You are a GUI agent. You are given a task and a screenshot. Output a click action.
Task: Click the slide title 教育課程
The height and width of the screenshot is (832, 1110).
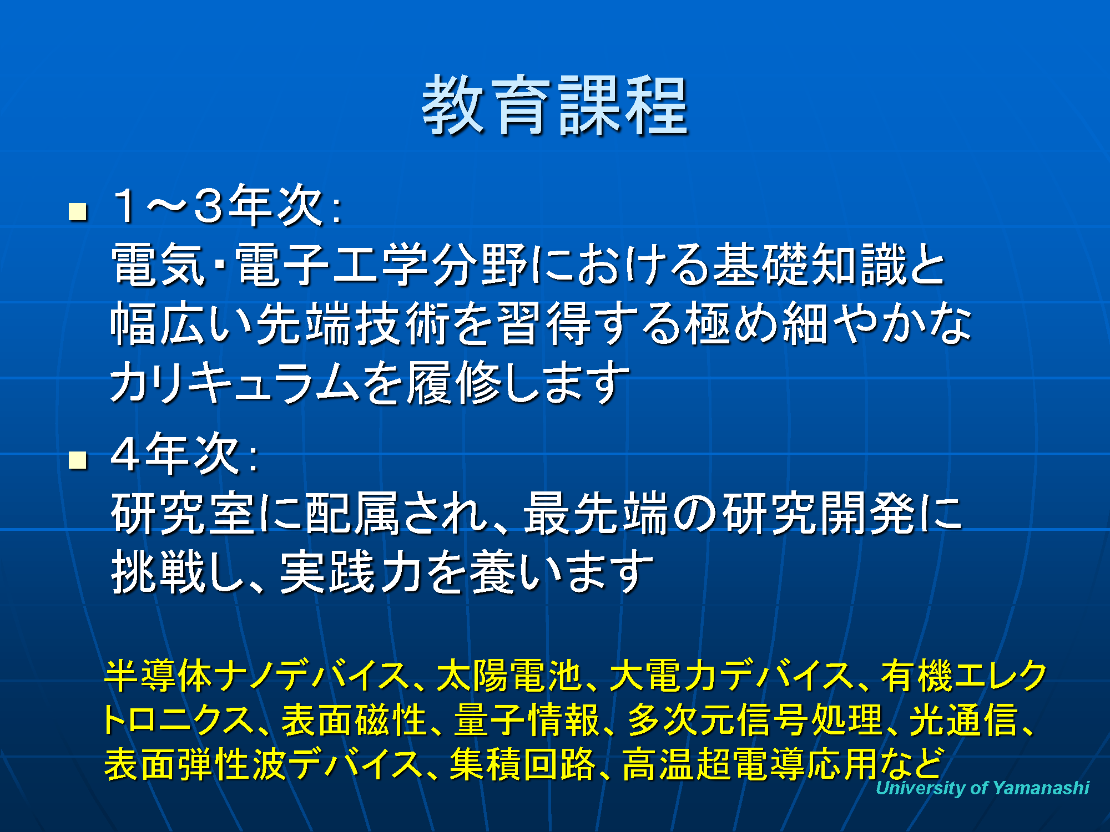(555, 105)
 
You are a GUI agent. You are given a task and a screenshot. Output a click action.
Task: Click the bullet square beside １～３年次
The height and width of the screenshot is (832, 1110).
(78, 212)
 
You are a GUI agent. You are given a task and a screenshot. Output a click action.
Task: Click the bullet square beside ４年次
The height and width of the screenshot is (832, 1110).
(78, 460)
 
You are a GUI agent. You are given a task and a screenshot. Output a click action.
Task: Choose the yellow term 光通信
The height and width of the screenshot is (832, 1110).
(963, 719)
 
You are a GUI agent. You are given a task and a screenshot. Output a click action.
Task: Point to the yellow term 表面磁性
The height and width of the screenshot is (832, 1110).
(354, 719)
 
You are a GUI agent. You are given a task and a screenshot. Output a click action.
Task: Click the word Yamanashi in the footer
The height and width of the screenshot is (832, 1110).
(1041, 788)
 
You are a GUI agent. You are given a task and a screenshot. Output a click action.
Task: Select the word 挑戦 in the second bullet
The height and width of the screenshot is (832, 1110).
(159, 572)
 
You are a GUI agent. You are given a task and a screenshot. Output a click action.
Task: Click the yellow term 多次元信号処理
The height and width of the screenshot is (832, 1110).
(755, 719)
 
